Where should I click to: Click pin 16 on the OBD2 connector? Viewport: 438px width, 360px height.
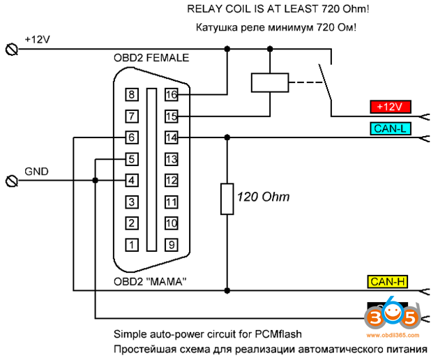tap(171, 94)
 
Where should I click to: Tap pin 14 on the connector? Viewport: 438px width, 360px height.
tap(171, 138)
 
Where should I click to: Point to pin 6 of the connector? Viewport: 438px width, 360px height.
tap(130, 138)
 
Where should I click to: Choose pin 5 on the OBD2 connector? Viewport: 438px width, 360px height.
tap(130, 160)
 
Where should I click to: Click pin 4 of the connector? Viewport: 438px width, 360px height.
tap(130, 181)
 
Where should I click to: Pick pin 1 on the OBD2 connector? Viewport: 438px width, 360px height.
tap(130, 245)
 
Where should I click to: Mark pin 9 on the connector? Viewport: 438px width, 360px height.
tap(171, 245)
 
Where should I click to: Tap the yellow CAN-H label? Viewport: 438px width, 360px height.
tap(388, 282)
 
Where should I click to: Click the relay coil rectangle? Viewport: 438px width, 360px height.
tap(269, 82)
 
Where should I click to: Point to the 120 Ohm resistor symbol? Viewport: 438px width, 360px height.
tap(226, 199)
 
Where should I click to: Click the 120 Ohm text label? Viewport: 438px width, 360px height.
tap(263, 197)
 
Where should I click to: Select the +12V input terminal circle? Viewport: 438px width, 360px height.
tap(10, 49)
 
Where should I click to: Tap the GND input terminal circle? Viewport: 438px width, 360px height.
tap(10, 181)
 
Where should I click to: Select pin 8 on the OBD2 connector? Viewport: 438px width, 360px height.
tap(130, 94)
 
